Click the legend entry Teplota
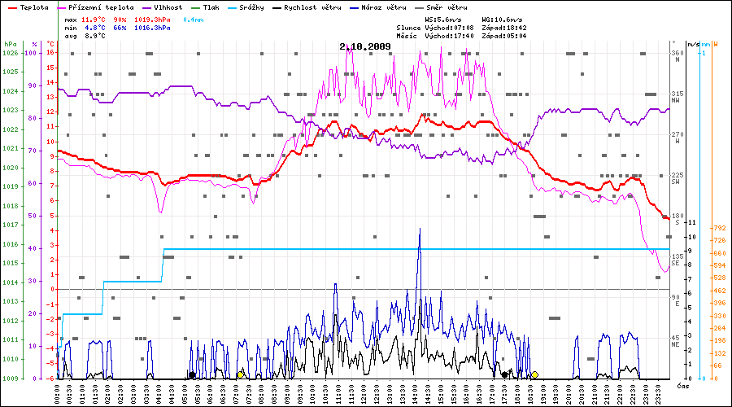pos(28,7)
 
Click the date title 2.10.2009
pos(365,46)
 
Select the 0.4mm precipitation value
pos(193,18)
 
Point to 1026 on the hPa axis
pos(10,53)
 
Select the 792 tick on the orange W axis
pos(719,228)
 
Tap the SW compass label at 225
pos(675,182)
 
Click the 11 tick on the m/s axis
pos(692,222)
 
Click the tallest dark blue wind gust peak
pos(420,230)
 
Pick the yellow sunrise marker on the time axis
pos(241,374)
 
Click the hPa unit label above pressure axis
pos(10,43)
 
